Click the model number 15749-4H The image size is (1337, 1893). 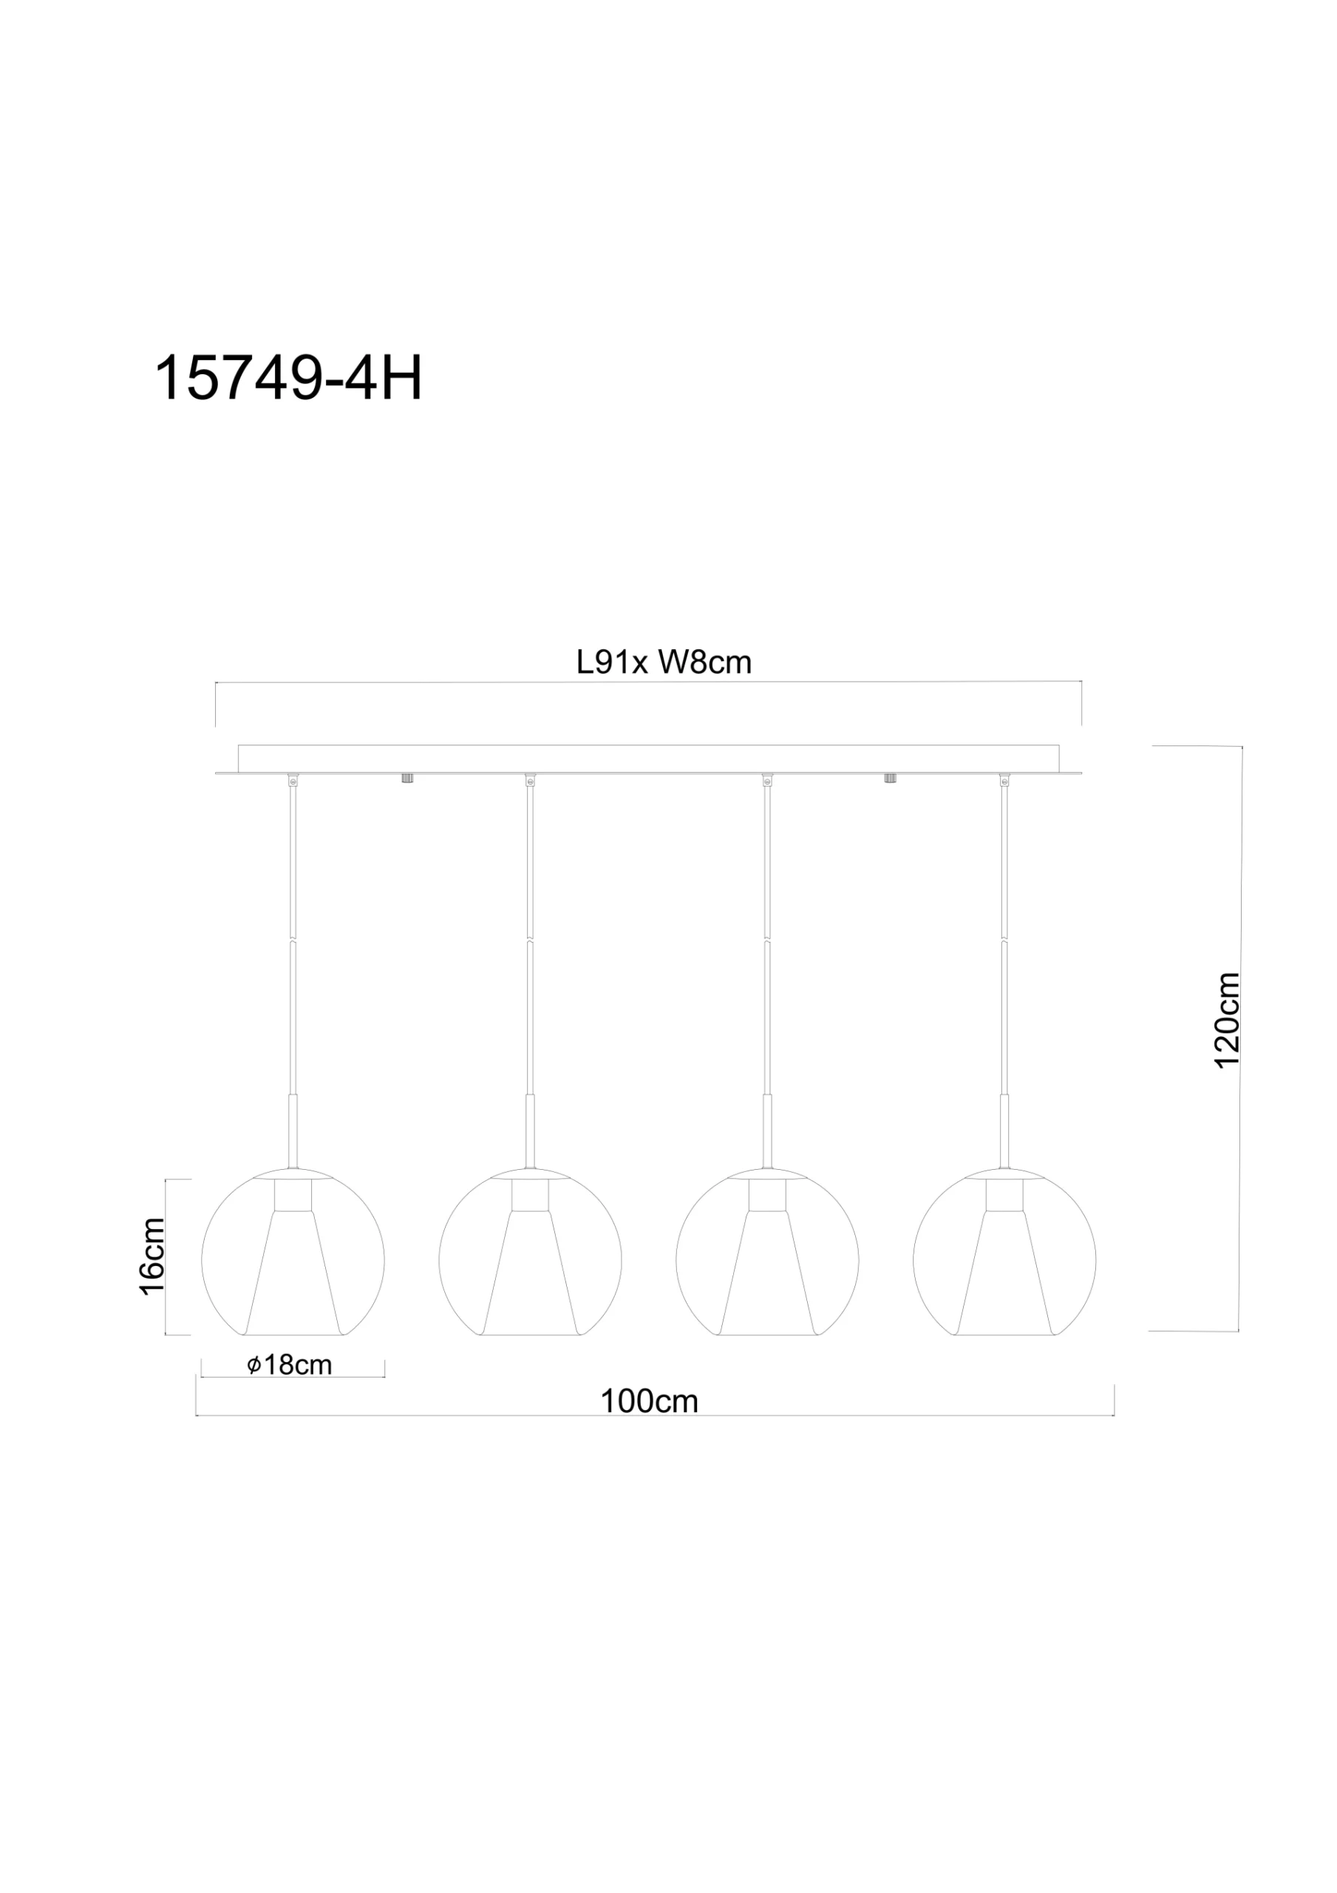click(288, 379)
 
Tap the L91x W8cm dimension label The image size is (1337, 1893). click(664, 663)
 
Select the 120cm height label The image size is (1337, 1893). click(1228, 1020)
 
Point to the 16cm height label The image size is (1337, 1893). click(152, 1256)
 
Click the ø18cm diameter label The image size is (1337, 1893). click(290, 1365)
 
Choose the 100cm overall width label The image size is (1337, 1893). click(650, 1401)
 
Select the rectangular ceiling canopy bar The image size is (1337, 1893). click(648, 759)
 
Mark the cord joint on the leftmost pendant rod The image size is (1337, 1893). click(293, 939)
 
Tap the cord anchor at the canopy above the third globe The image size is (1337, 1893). click(767, 779)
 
